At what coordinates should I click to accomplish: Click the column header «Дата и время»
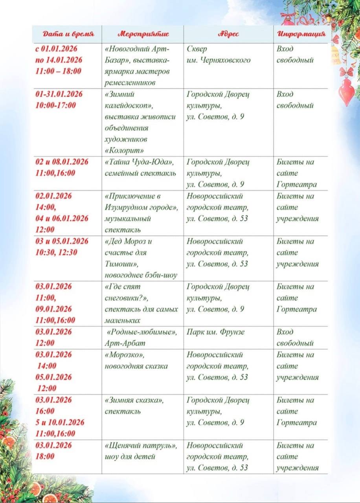pyautogui.click(x=68, y=34)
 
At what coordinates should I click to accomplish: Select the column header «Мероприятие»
pyautogui.click(x=143, y=34)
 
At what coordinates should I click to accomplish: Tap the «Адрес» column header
pyautogui.click(x=228, y=34)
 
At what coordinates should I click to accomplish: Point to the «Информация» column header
pyautogui.click(x=301, y=34)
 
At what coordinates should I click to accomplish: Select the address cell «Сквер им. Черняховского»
pyautogui.click(x=218, y=55)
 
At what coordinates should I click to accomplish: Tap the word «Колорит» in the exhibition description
pyautogui.click(x=124, y=151)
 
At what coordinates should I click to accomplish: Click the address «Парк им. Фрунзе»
pyautogui.click(x=215, y=332)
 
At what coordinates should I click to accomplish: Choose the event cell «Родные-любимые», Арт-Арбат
pyautogui.click(x=141, y=338)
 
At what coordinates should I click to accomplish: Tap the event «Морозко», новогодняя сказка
pyautogui.click(x=136, y=360)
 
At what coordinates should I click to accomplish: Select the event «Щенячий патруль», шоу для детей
pyautogui.click(x=141, y=451)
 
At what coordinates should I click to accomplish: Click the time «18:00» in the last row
pyautogui.click(x=45, y=457)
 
